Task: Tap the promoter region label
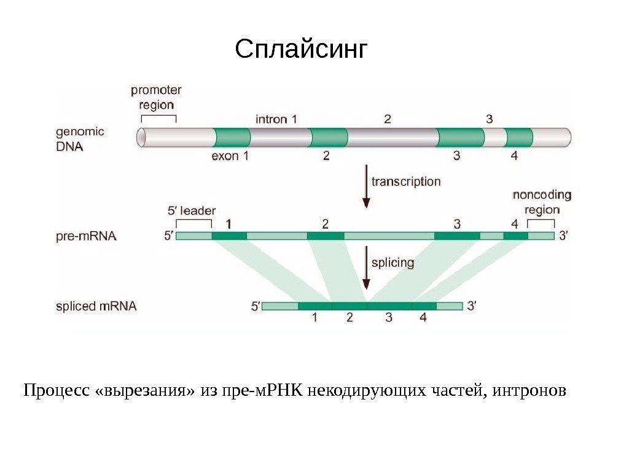click(156, 97)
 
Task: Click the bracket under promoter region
click(158, 117)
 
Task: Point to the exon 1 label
click(230, 156)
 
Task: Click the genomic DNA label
click(80, 140)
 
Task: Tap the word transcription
click(406, 181)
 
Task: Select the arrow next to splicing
click(367, 267)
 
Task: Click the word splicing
click(393, 263)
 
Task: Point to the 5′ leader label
click(192, 210)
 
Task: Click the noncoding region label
click(542, 202)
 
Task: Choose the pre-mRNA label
click(86, 235)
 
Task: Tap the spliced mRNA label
click(96, 305)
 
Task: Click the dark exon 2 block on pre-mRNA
click(326, 235)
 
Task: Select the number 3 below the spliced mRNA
click(388, 318)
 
